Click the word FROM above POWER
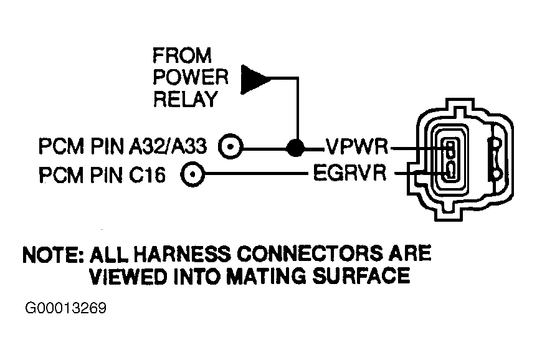(x=182, y=55)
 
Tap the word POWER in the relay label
(x=191, y=77)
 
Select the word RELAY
(x=185, y=99)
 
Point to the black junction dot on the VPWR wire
(x=295, y=148)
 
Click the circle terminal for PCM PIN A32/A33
(x=230, y=146)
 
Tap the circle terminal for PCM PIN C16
(x=192, y=174)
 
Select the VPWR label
(x=357, y=146)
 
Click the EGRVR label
(x=349, y=173)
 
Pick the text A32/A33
(x=168, y=146)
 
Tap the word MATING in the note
(x=266, y=276)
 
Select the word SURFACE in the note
(x=361, y=276)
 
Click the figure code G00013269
(x=66, y=308)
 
